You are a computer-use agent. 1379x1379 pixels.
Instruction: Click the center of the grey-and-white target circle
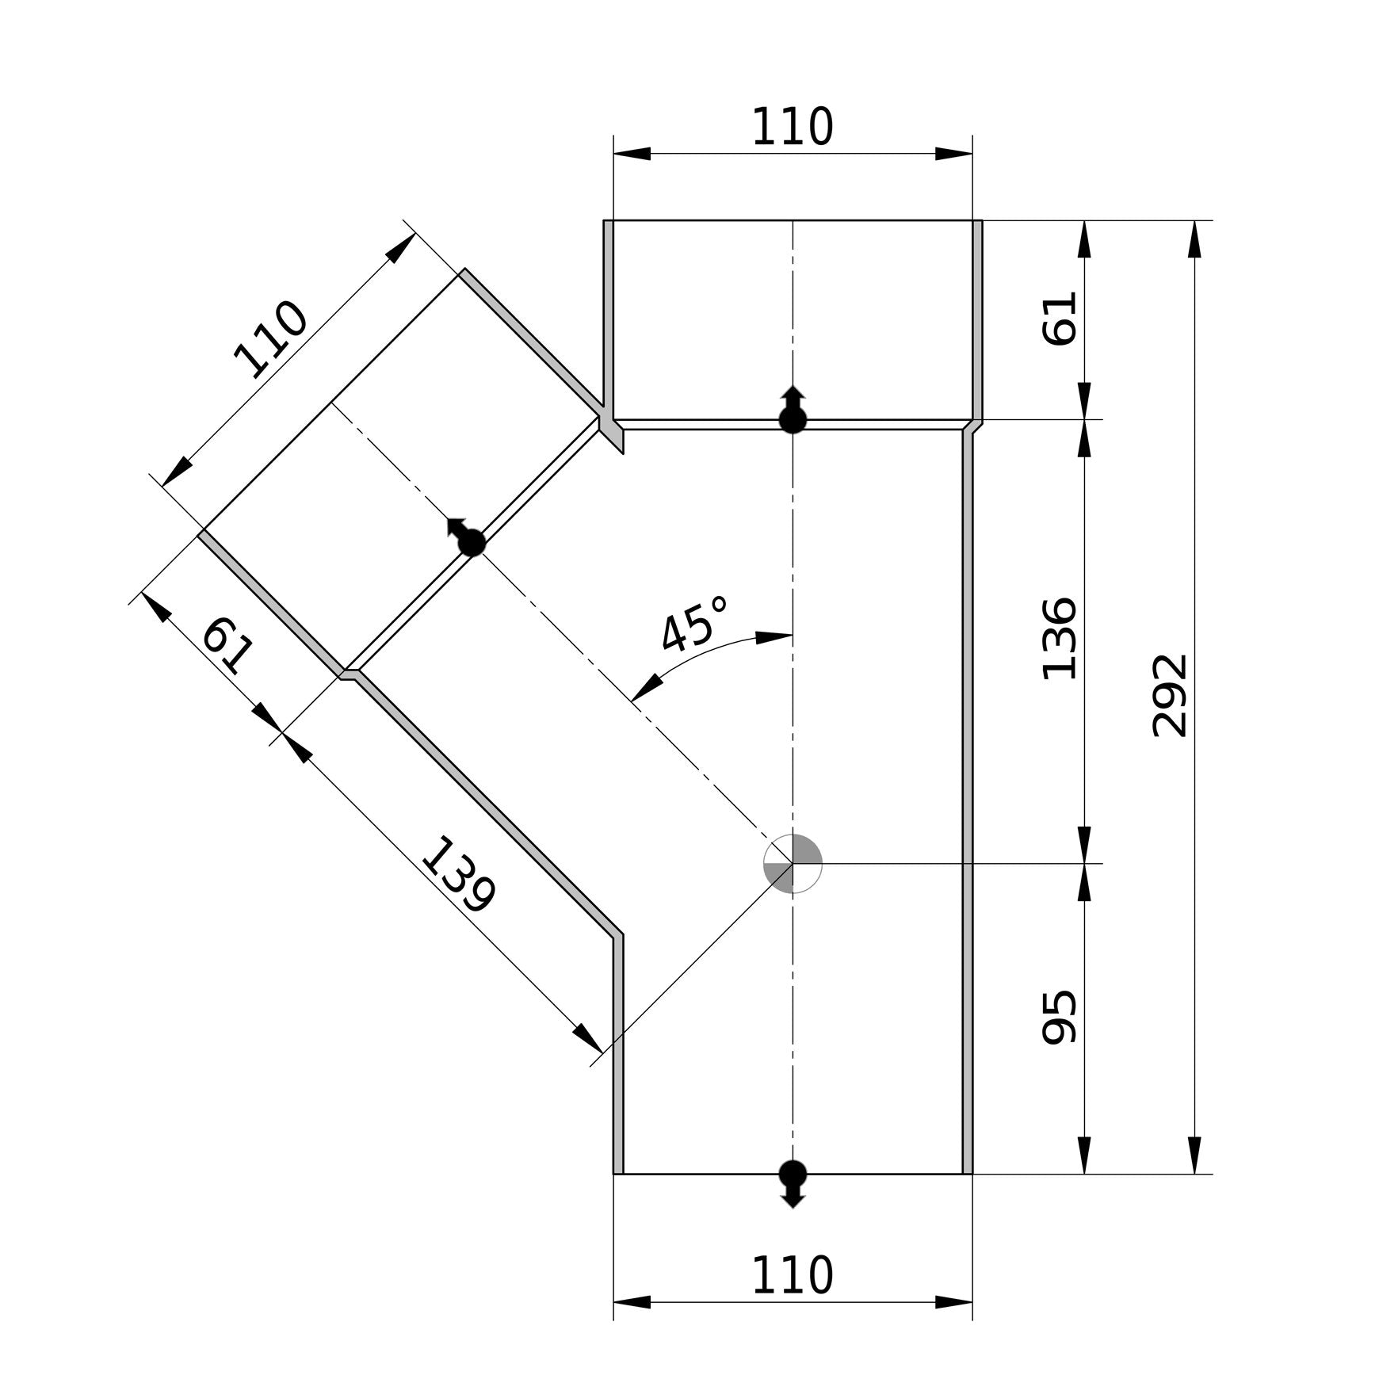pyautogui.click(x=793, y=863)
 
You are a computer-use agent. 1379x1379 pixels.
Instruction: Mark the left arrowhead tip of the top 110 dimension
pyautogui.click(x=613, y=154)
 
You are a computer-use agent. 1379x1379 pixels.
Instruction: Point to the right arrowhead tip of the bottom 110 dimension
pyautogui.click(x=972, y=1302)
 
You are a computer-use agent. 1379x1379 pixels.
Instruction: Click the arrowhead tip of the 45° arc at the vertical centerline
pyautogui.click(x=793, y=634)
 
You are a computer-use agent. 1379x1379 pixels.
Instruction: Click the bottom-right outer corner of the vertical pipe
pyautogui.click(x=972, y=1174)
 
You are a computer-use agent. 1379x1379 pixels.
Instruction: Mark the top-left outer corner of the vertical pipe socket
pyautogui.click(x=604, y=220)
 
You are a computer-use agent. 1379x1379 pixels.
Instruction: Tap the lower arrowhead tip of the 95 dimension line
pyautogui.click(x=1085, y=1174)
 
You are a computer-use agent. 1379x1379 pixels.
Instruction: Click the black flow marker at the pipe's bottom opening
pyautogui.click(x=793, y=1182)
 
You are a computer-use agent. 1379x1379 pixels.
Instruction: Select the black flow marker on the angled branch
pyautogui.click(x=468, y=537)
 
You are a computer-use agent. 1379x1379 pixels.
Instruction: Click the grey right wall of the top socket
pyautogui.click(x=977, y=320)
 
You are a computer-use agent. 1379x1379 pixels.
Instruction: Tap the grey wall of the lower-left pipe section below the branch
pyautogui.click(x=618, y=1054)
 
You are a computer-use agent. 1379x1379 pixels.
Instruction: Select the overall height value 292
pyautogui.click(x=1170, y=696)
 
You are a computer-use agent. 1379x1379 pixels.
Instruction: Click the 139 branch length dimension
pyautogui.click(x=458, y=875)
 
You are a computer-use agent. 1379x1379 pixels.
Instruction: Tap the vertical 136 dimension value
pyautogui.click(x=1060, y=639)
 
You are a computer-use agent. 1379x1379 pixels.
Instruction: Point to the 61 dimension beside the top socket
pyautogui.click(x=1060, y=319)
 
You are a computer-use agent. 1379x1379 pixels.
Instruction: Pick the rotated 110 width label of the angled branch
pyautogui.click(x=271, y=339)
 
